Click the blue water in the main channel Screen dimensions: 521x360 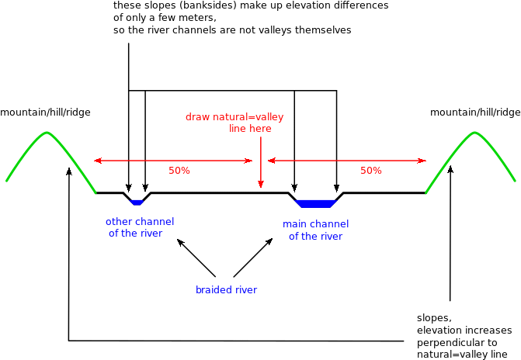316,204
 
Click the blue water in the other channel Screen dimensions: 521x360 137,202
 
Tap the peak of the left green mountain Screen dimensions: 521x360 47,133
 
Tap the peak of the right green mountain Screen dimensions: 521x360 474,133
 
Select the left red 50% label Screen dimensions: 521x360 179,171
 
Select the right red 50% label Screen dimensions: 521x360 371,171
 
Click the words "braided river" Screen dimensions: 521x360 226,290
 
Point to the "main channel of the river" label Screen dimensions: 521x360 316,230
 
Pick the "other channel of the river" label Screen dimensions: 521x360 140,227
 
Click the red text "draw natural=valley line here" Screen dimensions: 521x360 234,123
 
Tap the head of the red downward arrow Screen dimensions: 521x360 261,184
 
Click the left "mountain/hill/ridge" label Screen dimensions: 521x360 45,112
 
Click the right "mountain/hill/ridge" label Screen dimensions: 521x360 475,112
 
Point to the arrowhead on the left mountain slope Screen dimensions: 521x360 69,171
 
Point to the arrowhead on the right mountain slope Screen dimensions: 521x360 450,170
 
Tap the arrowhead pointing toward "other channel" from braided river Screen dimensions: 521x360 180,242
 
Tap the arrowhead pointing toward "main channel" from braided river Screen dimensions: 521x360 269,241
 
